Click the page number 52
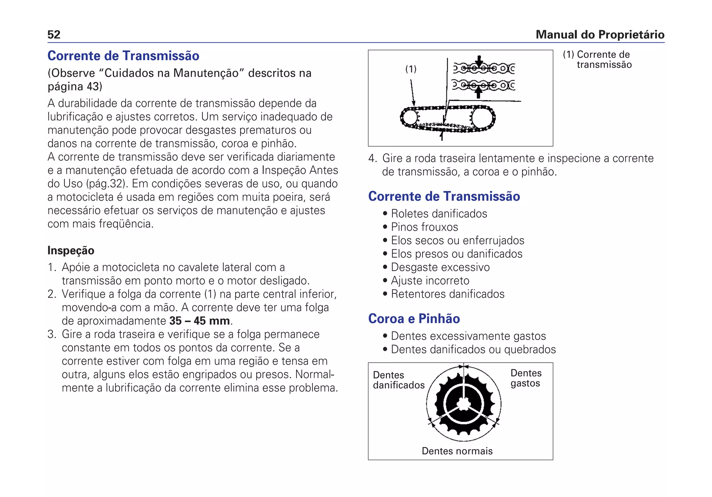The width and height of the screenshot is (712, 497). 54,34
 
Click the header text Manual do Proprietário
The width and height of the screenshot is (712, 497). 600,34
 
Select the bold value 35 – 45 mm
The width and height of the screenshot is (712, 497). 200,321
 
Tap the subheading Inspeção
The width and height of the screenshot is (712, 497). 71,250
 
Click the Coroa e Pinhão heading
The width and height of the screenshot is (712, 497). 414,318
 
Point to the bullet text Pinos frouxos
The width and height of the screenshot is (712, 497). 424,227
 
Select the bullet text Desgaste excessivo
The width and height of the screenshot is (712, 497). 440,267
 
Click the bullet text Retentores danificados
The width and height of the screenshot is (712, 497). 447,294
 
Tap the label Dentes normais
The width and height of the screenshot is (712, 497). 457,451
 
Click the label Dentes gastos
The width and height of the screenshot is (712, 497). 526,378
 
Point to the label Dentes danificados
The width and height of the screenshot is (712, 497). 398,380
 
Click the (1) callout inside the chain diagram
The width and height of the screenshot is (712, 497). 411,69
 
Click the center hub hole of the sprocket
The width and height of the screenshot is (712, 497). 463,404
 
